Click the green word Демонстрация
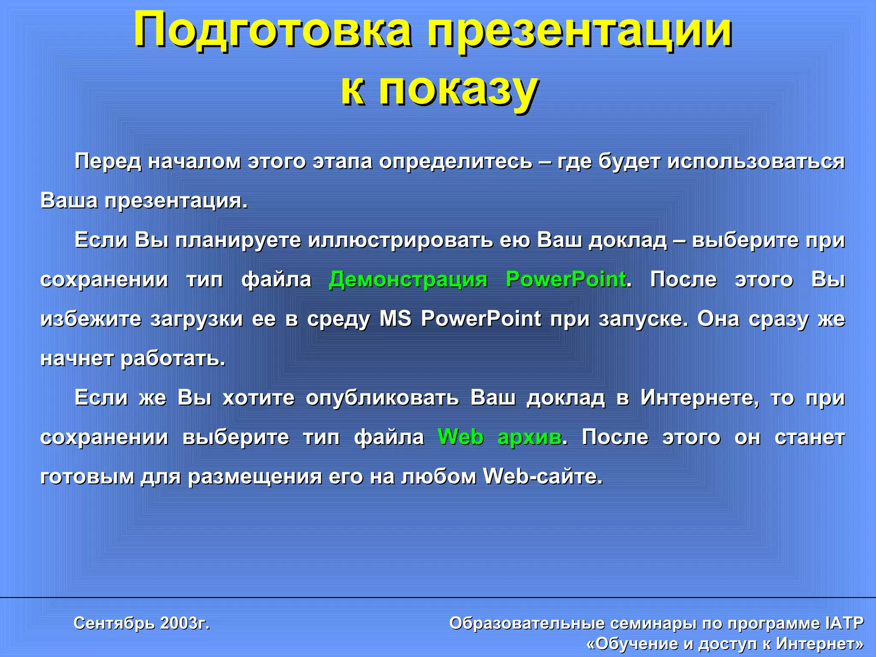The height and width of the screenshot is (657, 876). point(408,280)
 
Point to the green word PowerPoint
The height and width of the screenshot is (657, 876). point(565,280)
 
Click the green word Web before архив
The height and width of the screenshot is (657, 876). point(461,437)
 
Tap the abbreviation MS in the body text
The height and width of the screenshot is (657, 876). point(396,319)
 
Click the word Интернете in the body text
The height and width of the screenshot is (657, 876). point(700,398)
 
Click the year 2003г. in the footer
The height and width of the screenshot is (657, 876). point(185,623)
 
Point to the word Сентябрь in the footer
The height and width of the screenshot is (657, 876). point(114,623)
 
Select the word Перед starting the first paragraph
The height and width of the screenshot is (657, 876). point(108,162)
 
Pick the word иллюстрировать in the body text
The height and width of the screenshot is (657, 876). point(400,240)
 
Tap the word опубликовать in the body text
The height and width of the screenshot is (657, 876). point(382,398)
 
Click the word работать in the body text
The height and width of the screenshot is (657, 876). point(173,358)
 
